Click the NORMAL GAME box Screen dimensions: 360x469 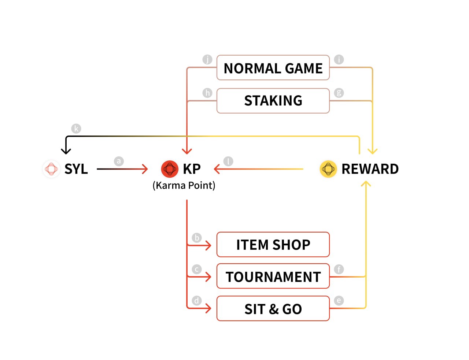(x=273, y=68)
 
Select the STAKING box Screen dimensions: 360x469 (x=273, y=101)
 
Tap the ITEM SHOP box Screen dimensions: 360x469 (x=273, y=245)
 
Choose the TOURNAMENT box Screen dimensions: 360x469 (x=273, y=277)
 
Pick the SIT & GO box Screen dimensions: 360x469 (x=273, y=309)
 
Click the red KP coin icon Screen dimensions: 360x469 (x=170, y=169)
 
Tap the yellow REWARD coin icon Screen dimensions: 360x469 (x=328, y=169)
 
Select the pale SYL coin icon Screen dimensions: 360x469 (x=51, y=169)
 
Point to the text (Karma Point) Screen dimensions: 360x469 (x=184, y=185)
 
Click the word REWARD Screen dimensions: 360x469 (x=370, y=169)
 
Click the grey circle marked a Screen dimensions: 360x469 (x=119, y=161)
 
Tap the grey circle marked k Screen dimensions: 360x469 (x=76, y=129)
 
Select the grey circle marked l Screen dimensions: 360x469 (x=228, y=161)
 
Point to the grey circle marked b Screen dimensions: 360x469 (x=197, y=238)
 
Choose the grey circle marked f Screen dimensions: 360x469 (x=339, y=270)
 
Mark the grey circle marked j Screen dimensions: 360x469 (x=207, y=59)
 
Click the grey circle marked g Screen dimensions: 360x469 (x=339, y=93)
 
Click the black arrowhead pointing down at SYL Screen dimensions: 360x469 (x=66, y=151)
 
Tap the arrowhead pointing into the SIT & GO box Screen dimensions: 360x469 (x=208, y=308)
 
